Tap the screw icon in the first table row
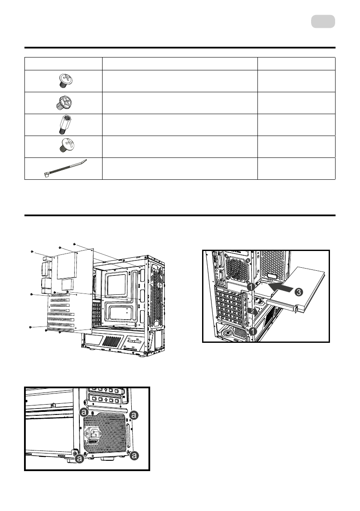[x=63, y=80]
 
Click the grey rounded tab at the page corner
[x=323, y=21]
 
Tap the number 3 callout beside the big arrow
[x=299, y=292]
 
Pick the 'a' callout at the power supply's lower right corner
[x=134, y=455]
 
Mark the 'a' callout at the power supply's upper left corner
[x=84, y=411]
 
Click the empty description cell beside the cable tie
[x=179, y=169]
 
